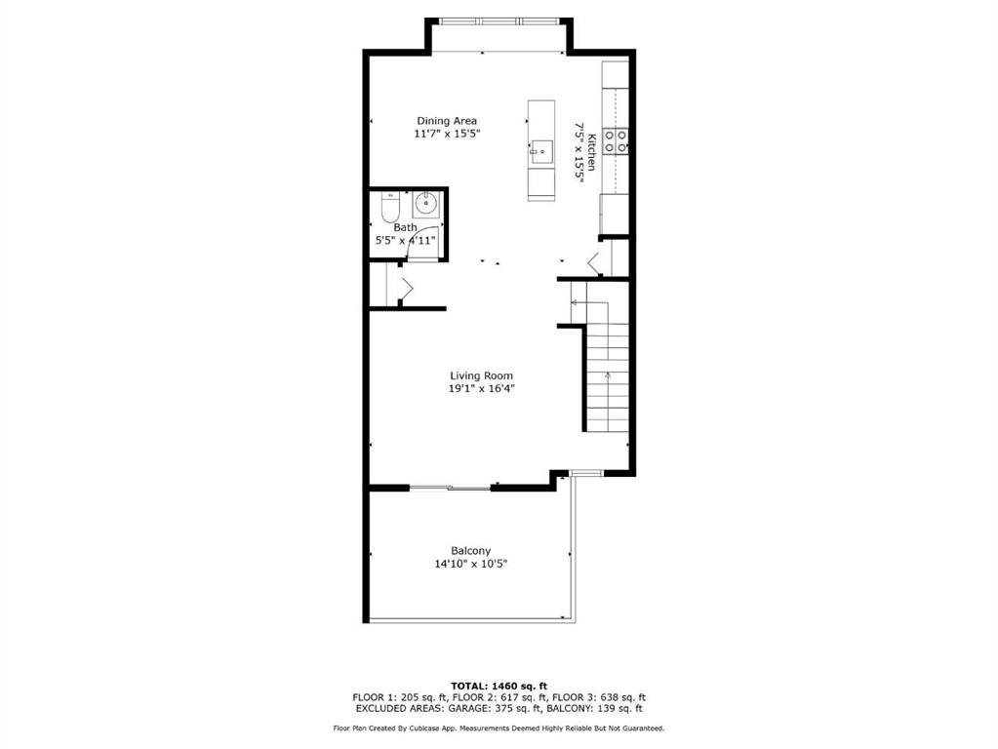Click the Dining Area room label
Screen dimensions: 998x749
[447, 121]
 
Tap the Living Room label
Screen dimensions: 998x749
[481, 376]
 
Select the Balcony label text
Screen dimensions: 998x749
[471, 551]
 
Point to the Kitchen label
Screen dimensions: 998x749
[591, 152]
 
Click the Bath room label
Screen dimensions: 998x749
[406, 227]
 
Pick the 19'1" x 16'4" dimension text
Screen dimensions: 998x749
[481, 389]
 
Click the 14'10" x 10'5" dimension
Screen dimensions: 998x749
[471, 564]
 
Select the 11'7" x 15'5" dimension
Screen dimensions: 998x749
[447, 134]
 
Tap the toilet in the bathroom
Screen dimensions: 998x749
[390, 207]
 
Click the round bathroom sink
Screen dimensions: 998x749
[425, 204]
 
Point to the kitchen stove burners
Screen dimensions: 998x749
[616, 141]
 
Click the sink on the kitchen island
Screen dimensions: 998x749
[541, 152]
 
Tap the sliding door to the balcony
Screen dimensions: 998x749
[450, 488]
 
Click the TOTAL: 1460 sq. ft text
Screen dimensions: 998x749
[499, 686]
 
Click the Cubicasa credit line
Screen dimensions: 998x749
[499, 729]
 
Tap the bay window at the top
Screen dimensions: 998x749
[499, 21]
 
